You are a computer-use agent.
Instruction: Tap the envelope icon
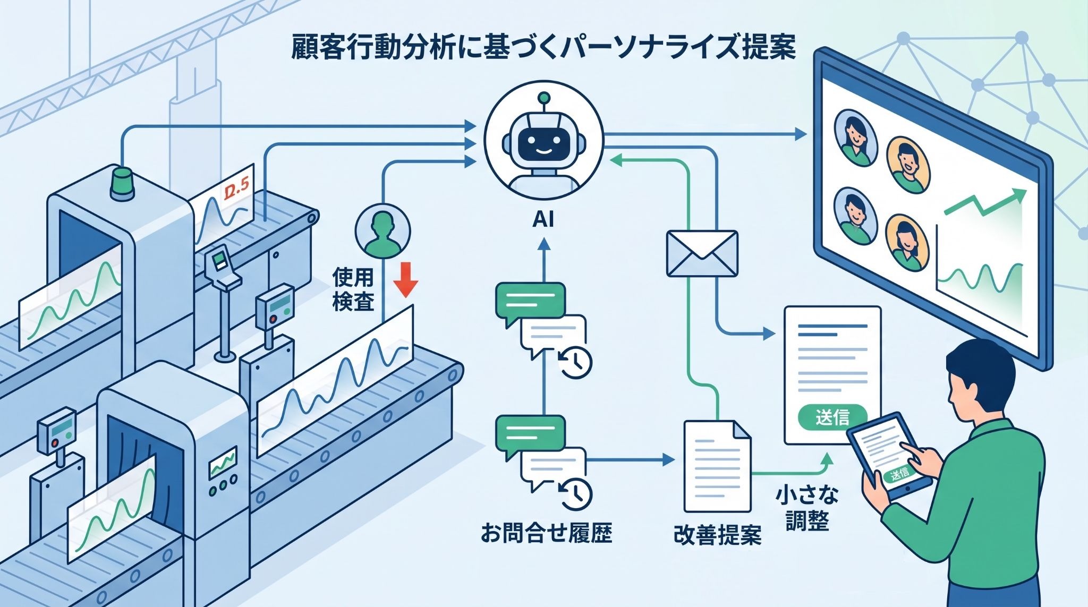pyautogui.click(x=702, y=253)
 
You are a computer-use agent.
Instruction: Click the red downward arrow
pyautogui.click(x=407, y=279)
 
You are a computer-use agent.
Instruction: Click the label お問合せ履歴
pyautogui.click(x=547, y=532)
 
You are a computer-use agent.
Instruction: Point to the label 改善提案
pyautogui.click(x=717, y=535)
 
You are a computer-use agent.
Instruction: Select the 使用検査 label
pyautogui.click(x=353, y=289)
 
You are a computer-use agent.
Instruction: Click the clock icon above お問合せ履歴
pyautogui.click(x=575, y=493)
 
